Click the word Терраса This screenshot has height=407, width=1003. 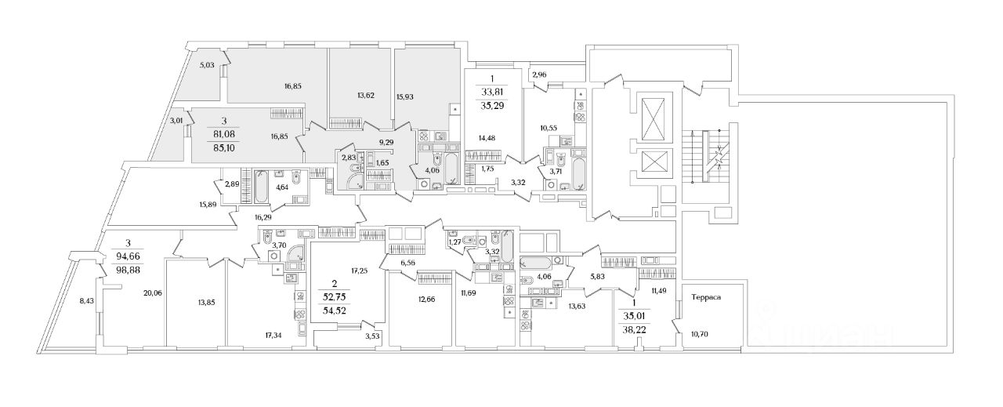tap(705, 297)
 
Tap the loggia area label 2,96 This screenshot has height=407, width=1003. tap(540, 75)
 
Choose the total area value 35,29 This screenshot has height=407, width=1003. tap(493, 102)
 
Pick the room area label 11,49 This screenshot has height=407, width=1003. tap(654, 291)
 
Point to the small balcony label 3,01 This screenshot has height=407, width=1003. tap(176, 121)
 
